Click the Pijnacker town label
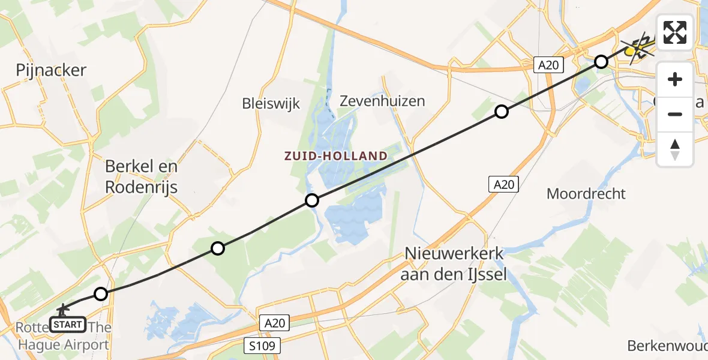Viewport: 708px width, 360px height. pos(52,71)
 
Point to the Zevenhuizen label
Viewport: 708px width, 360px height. pos(382,100)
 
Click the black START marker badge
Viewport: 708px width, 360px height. pos(67,325)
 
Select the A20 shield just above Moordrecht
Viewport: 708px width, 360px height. pos(503,184)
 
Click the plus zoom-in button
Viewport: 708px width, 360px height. pos(675,79)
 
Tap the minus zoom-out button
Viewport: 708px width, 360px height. pos(675,114)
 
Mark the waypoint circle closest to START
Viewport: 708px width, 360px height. pos(101,294)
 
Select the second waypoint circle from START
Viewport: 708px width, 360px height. pos(218,248)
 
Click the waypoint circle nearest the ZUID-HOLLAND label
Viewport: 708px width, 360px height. pos(311,200)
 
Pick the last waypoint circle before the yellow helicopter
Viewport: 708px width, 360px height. pos(601,61)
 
